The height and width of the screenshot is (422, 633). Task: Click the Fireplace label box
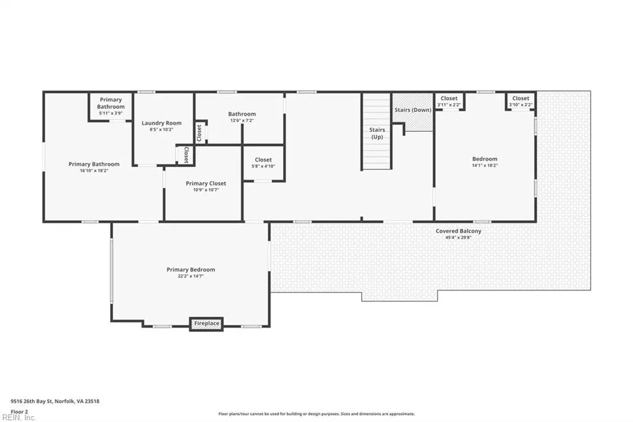tap(206, 324)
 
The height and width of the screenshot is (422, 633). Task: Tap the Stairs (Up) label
tap(377, 133)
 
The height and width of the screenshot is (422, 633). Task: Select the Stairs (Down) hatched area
tap(412, 112)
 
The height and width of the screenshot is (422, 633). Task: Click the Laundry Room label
tap(161, 123)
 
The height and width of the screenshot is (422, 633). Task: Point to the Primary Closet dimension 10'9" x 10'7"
tap(206, 189)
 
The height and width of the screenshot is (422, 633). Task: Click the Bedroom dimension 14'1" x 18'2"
tap(485, 165)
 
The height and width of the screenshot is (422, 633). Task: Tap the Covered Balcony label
tap(458, 231)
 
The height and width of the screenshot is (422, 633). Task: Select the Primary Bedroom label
tap(191, 270)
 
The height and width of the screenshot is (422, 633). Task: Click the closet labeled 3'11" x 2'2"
tap(449, 101)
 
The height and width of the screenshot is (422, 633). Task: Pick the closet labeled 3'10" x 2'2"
tap(520, 101)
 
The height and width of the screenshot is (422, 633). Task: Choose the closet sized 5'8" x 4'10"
tap(263, 163)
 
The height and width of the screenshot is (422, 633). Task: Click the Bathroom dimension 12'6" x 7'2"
tap(242, 121)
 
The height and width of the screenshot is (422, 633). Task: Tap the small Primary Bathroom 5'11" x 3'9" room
tap(111, 106)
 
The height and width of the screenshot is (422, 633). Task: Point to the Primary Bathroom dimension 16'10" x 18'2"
tap(94, 171)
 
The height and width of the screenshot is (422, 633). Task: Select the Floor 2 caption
tap(19, 412)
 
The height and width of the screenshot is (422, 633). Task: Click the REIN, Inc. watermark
tap(19, 418)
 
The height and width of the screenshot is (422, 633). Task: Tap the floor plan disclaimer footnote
tap(316, 414)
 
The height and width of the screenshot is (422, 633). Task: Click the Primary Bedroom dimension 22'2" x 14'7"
tap(191, 277)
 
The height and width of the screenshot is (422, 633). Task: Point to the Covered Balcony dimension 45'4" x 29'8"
tap(458, 238)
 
